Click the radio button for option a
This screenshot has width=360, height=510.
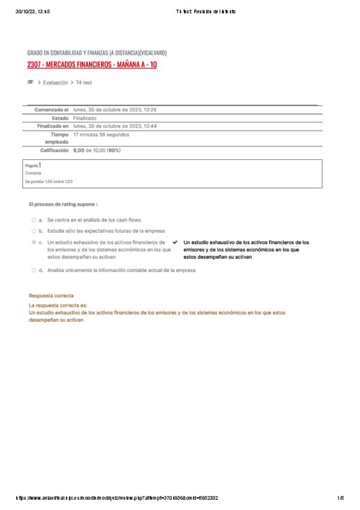pos(34,220)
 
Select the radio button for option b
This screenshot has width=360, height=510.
pos(34,231)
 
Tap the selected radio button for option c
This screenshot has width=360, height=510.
pos(34,242)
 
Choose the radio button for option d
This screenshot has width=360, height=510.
pos(34,271)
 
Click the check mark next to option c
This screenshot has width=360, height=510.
pos(174,242)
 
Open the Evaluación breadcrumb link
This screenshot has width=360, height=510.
pos(55,82)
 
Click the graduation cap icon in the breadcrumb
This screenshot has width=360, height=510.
pos(31,82)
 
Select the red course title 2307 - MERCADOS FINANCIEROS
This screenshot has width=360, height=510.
pos(93,64)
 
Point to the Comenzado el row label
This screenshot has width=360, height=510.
pos(52,110)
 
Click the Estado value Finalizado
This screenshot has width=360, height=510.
pos(85,118)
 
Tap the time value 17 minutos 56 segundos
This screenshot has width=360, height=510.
pos(101,135)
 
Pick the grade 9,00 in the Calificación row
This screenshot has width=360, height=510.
pos(79,150)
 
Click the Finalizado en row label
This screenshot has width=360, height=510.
pos(53,126)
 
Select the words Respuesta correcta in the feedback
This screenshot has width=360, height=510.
pos(51,296)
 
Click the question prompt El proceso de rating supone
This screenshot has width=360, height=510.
pos(63,204)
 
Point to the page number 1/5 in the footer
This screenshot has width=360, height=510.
pos(340,498)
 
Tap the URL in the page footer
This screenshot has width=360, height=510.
pos(117,498)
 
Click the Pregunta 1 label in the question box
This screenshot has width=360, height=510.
pos(33,165)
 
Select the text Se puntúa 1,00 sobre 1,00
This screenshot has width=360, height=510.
pos(49,181)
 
